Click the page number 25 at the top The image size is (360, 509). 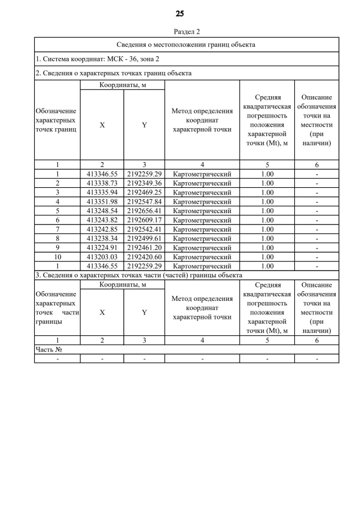coord(179,13)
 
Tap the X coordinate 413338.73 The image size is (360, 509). coord(102,183)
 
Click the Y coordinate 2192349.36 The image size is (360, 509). coord(144,183)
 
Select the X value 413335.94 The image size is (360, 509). coord(102,192)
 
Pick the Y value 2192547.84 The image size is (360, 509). coord(144,201)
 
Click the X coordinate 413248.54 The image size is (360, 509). coord(102,210)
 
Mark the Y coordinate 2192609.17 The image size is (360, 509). coord(144,220)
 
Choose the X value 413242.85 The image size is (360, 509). coord(102,229)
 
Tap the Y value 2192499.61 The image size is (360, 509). coord(144,238)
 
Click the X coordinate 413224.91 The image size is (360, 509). coord(102,247)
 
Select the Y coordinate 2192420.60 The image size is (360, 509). coord(144,256)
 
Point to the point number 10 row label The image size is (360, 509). coord(57,256)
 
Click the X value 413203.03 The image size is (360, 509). coord(102,256)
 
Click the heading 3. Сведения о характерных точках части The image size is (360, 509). coord(138,275)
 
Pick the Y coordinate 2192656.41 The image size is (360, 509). coord(144,210)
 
